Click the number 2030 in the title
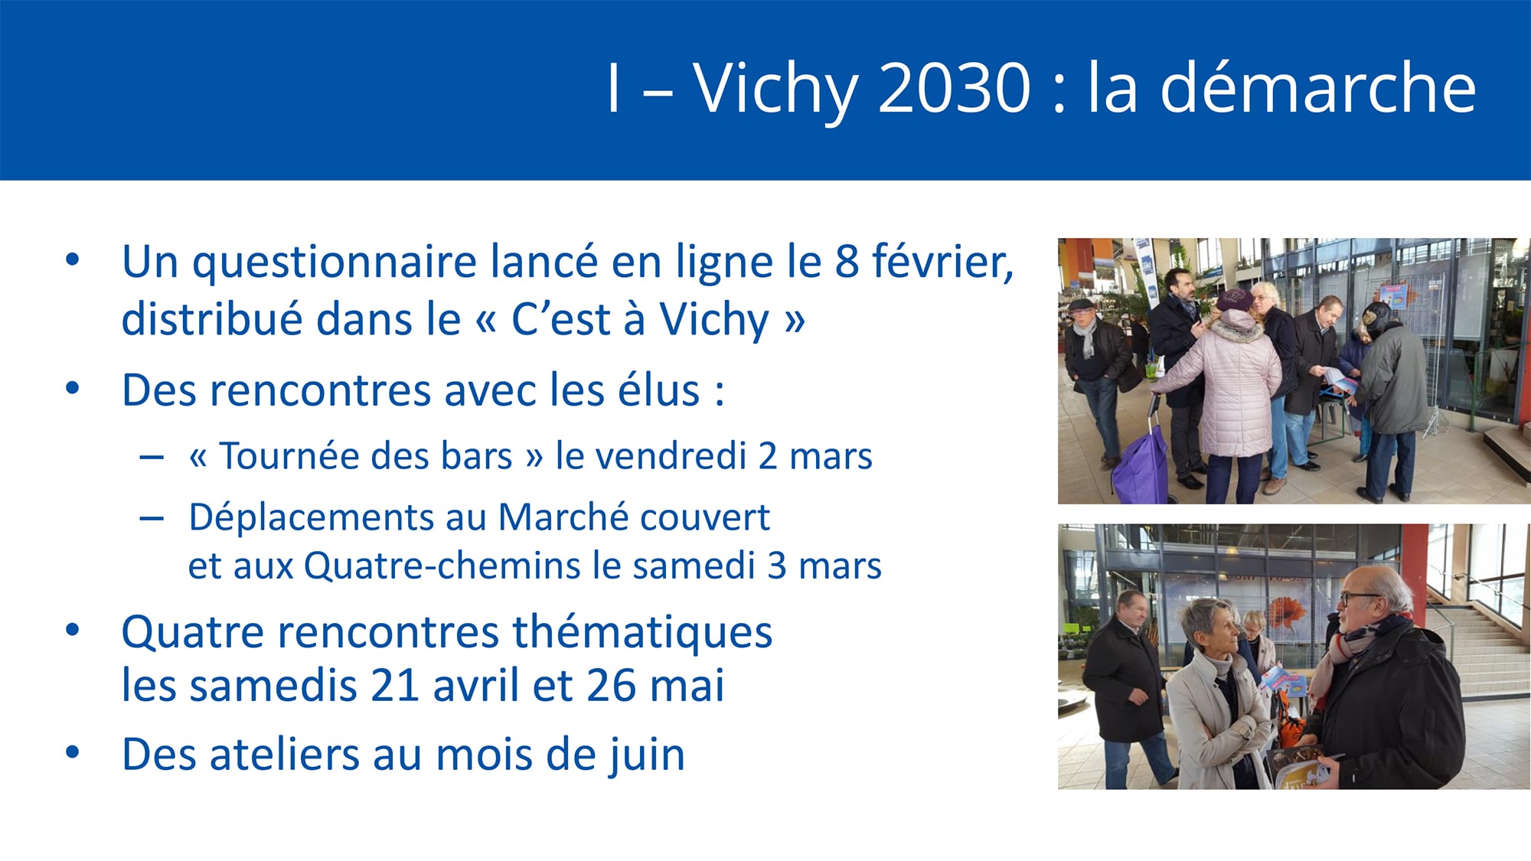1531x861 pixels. (955, 88)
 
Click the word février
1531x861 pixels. (942, 261)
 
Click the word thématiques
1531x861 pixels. (642, 632)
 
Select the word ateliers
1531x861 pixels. (285, 754)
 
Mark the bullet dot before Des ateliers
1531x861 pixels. (73, 752)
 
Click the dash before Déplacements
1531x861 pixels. (152, 519)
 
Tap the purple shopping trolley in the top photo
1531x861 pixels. (1140, 464)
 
